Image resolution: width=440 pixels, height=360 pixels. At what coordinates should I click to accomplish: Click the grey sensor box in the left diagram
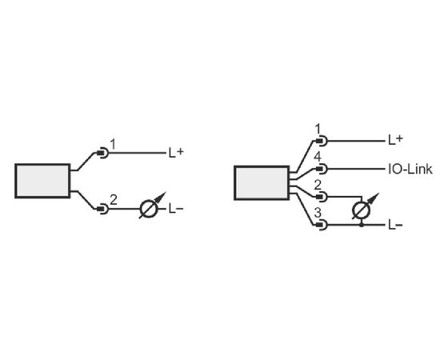coord(42,181)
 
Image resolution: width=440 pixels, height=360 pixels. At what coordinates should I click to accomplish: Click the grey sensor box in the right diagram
coord(262,183)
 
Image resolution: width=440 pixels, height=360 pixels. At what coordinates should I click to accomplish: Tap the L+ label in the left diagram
coord(176,152)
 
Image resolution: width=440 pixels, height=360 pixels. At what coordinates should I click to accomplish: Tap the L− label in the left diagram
coord(176,209)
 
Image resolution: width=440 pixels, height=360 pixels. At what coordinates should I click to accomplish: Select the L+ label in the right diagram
coord(395,140)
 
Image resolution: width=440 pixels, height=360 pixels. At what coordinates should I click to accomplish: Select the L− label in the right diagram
coord(395,225)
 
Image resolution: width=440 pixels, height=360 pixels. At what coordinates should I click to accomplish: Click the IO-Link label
coord(410,169)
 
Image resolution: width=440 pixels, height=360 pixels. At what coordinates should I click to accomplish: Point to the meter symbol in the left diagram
coord(150,207)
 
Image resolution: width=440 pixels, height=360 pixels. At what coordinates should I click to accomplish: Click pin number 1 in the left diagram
coord(113,145)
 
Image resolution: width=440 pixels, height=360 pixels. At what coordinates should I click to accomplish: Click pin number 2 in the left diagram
coord(114,200)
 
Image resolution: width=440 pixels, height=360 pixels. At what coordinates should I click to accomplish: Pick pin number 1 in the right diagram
coord(318,130)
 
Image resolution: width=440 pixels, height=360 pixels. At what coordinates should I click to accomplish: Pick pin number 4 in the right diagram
coord(318,157)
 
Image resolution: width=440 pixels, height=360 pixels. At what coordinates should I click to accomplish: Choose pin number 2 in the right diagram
coord(318,185)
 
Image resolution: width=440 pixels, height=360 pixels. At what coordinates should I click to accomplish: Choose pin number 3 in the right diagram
coord(318,213)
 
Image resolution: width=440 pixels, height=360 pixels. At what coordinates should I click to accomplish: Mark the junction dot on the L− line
coord(362,225)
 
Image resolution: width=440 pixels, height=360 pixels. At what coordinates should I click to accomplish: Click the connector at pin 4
coord(322,169)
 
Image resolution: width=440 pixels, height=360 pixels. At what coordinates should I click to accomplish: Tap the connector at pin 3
coord(322,225)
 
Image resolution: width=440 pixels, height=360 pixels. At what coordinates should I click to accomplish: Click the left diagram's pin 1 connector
coord(102,153)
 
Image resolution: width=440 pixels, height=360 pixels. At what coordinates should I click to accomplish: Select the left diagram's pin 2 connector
coord(102,209)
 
